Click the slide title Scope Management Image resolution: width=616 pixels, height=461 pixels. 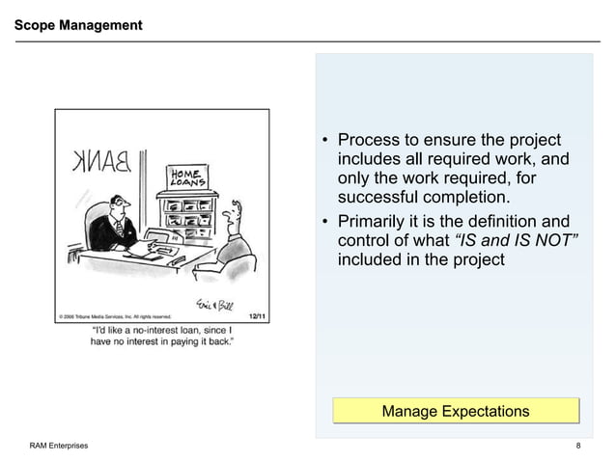pyautogui.click(x=78, y=24)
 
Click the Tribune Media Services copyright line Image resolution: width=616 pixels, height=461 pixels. pyautogui.click(x=115, y=315)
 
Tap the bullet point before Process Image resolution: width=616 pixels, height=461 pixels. pyautogui.click(x=326, y=142)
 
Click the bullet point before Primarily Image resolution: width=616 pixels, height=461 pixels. pyautogui.click(x=326, y=221)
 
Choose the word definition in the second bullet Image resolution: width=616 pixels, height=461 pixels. pyautogui.click(x=496, y=221)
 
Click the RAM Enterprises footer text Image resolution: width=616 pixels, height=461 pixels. pyautogui.click(x=58, y=446)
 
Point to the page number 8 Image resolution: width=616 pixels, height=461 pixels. pyautogui.click(x=577, y=446)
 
